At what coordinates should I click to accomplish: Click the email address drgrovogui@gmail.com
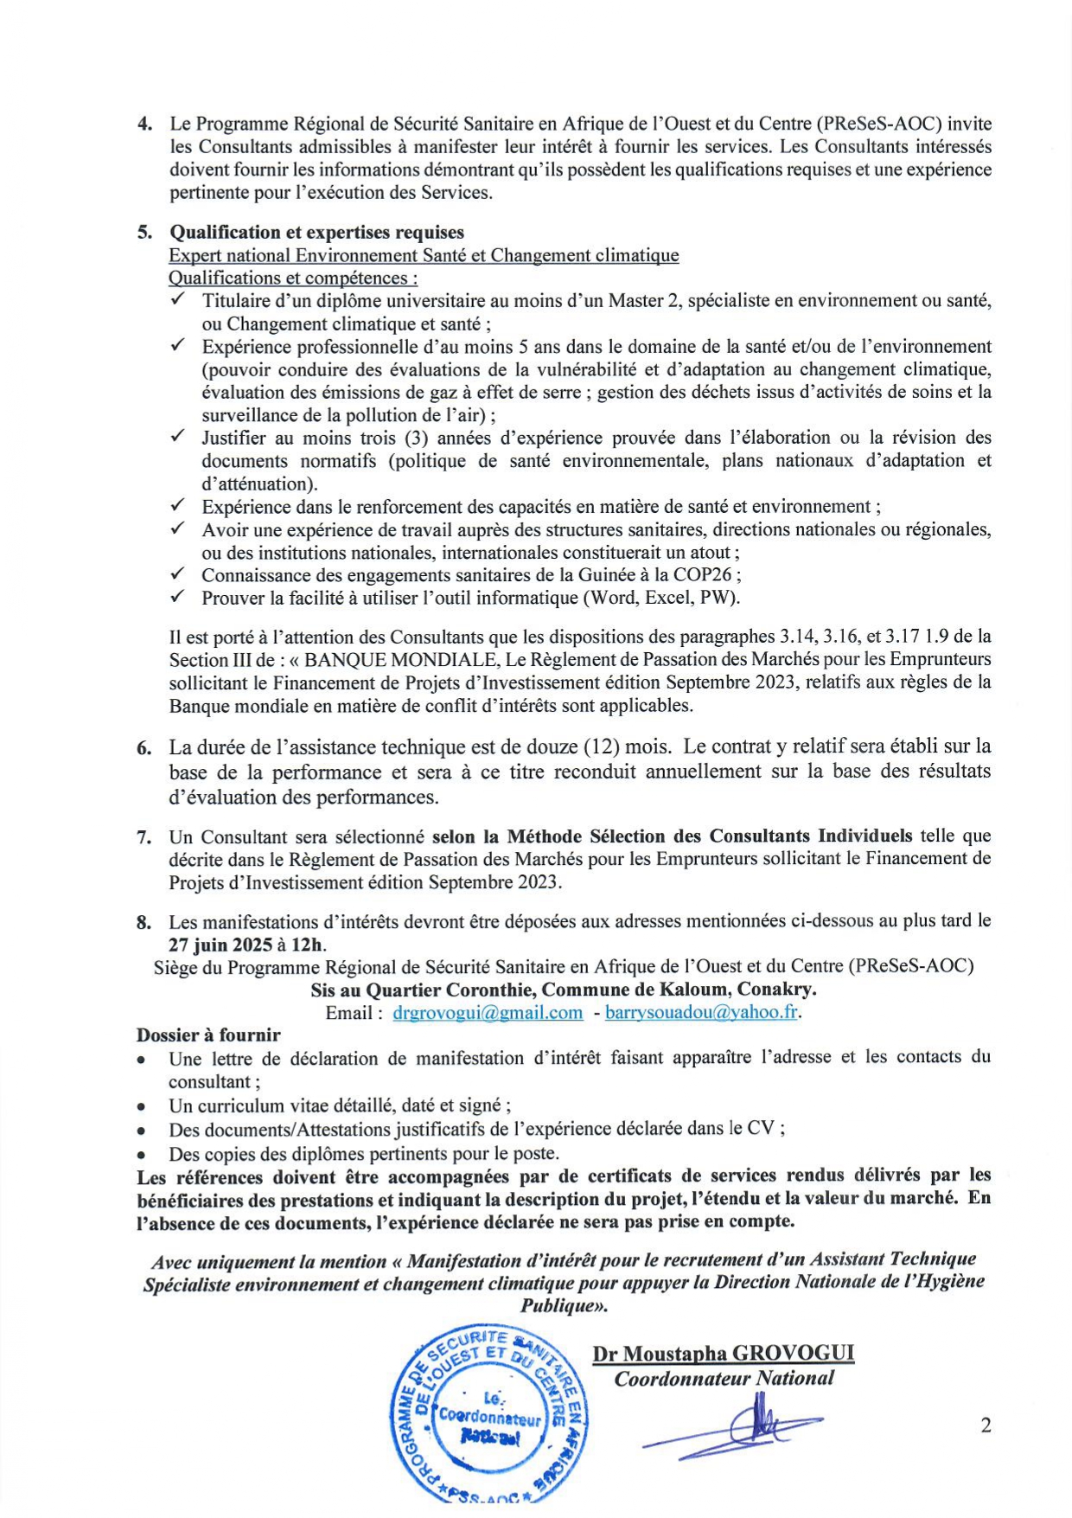(488, 1013)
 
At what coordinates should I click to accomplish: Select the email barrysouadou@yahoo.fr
(701, 1013)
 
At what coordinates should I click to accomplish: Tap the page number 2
(986, 1426)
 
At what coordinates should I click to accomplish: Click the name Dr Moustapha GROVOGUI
(723, 1355)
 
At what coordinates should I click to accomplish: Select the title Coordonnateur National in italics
(724, 1379)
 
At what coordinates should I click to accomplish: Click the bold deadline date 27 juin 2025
(220, 945)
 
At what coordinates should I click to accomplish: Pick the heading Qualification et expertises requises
(316, 232)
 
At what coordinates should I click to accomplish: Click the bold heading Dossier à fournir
(208, 1034)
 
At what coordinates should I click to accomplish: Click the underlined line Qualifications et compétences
(293, 279)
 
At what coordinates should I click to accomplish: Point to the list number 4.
(144, 124)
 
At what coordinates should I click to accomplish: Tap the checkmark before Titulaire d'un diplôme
(178, 299)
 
